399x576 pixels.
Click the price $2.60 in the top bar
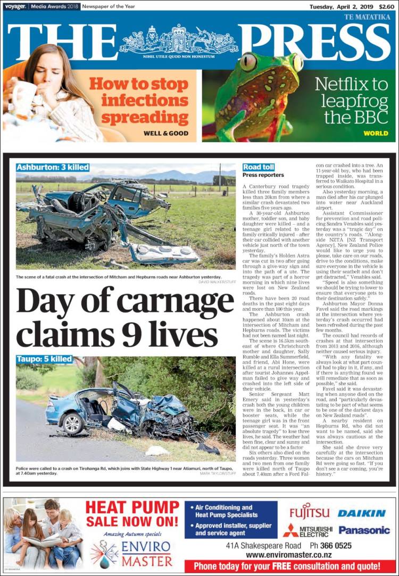[x=387, y=6]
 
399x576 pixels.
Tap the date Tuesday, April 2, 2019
[x=343, y=6]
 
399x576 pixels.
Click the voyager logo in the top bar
[x=14, y=6]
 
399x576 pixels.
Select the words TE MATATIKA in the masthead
[x=368, y=17]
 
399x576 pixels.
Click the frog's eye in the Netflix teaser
[x=247, y=62]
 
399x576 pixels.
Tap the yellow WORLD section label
[x=376, y=133]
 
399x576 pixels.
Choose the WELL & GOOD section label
[x=166, y=133]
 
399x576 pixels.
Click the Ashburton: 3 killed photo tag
[x=53, y=167]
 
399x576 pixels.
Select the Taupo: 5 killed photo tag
[x=44, y=359]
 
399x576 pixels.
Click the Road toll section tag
[x=259, y=167]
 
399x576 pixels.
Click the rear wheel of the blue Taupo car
[x=72, y=424]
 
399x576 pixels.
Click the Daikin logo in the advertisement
[x=362, y=513]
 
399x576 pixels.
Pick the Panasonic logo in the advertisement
[x=364, y=530]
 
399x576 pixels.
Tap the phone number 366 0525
[x=331, y=546]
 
